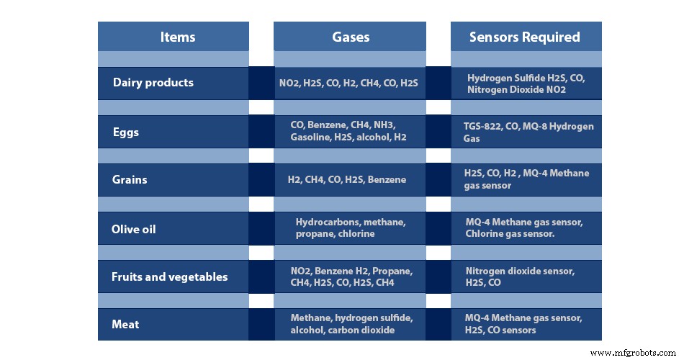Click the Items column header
[177, 37]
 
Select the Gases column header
[351, 37]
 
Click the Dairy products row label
[153, 83]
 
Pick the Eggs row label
[126, 132]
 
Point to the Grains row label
[130, 179]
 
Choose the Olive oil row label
[134, 230]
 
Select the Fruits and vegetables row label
[169, 277]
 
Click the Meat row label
[125, 325]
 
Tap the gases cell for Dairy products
[348, 84]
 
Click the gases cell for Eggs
[348, 131]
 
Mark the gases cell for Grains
[346, 179]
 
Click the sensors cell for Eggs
[528, 132]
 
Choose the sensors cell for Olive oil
[524, 228]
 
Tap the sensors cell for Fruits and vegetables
[520, 277]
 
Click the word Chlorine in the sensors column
[486, 234]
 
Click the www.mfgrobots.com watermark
[632, 353]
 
